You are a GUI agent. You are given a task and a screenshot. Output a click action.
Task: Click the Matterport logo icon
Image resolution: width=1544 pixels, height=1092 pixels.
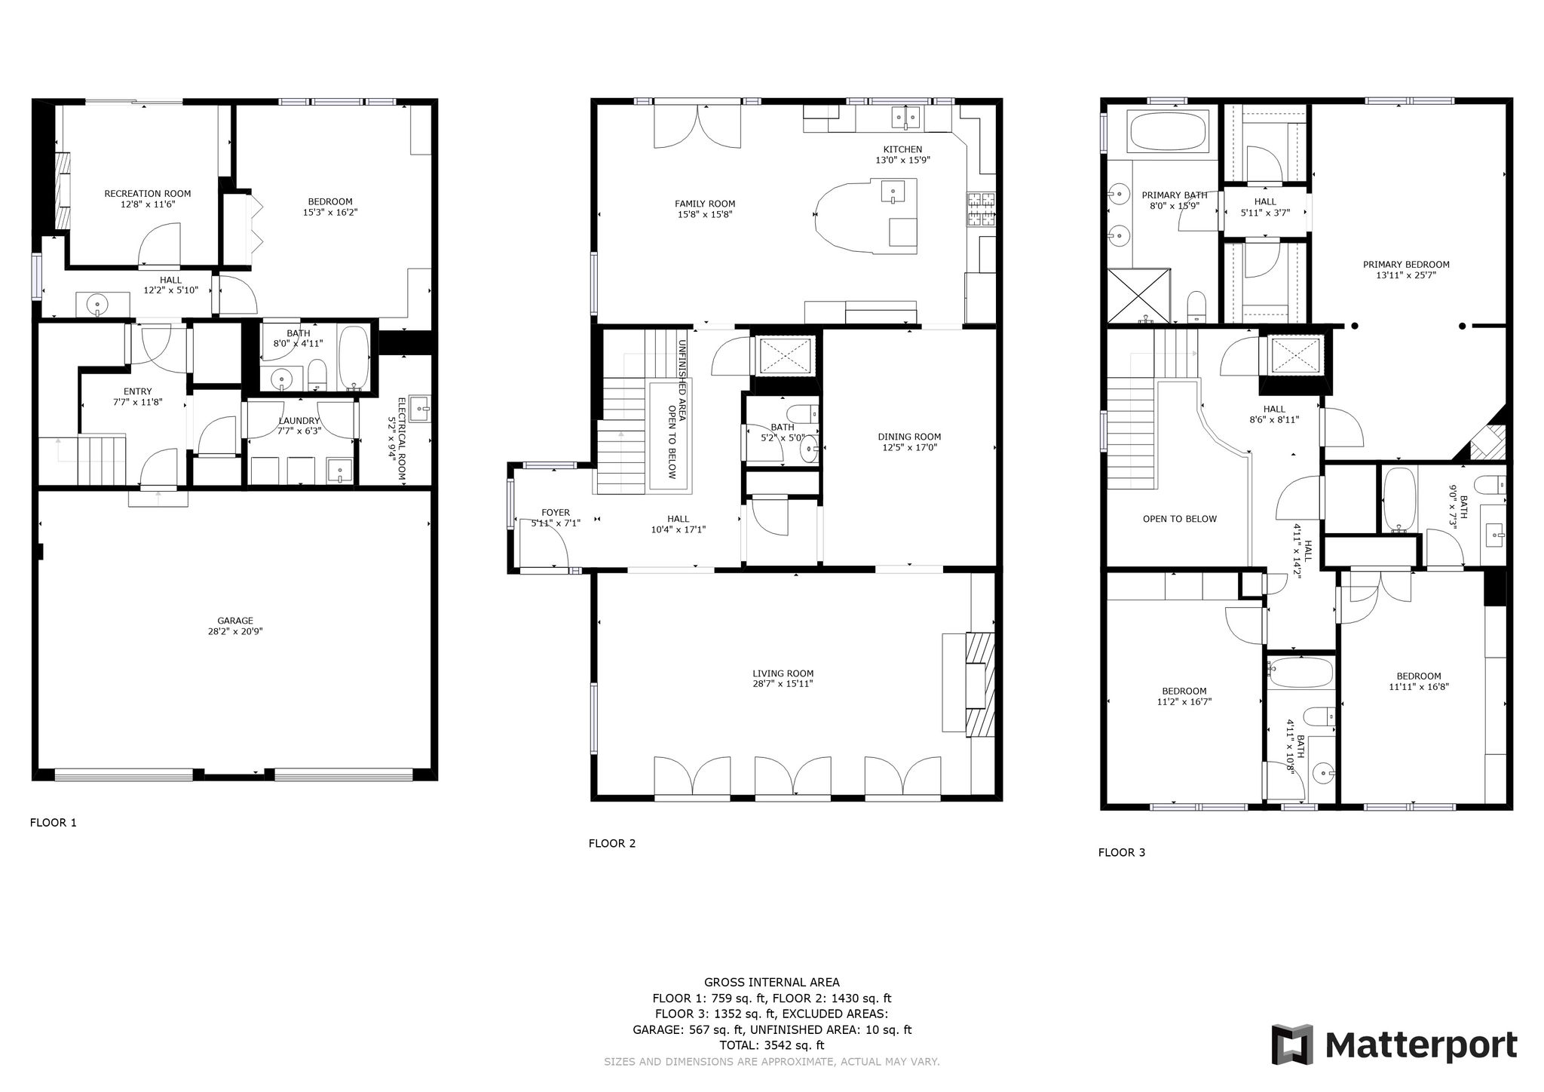pyautogui.click(x=1293, y=1044)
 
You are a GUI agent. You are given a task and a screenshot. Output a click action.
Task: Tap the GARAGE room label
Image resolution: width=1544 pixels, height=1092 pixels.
pyautogui.click(x=235, y=621)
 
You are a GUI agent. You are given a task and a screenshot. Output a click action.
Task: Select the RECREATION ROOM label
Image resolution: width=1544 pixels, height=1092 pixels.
pyautogui.click(x=148, y=194)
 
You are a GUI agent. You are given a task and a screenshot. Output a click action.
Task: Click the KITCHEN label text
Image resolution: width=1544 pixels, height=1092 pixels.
pyautogui.click(x=903, y=149)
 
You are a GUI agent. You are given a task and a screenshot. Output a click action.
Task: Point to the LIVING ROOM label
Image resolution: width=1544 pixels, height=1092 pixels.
pyautogui.click(x=783, y=673)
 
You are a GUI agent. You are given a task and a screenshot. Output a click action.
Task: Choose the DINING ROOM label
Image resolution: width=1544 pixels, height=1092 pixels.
pyautogui.click(x=909, y=437)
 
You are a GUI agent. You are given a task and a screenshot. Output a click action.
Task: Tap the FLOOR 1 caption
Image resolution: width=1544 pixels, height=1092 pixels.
pyautogui.click(x=54, y=823)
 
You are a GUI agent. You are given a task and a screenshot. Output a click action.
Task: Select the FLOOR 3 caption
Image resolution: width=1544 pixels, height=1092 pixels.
pyautogui.click(x=1122, y=853)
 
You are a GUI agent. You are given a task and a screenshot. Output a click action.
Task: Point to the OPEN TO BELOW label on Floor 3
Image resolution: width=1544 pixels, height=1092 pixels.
pyautogui.click(x=1180, y=519)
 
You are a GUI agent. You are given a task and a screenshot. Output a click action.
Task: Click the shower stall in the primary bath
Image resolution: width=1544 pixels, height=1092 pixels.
pyautogui.click(x=1138, y=296)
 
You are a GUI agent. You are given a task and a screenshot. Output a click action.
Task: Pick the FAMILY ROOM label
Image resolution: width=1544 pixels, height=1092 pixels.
pyautogui.click(x=705, y=204)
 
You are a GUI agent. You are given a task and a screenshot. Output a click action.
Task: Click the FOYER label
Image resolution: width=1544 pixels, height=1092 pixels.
pyautogui.click(x=556, y=513)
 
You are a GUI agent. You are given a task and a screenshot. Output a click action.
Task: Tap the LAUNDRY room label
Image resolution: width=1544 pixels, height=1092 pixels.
pyautogui.click(x=299, y=421)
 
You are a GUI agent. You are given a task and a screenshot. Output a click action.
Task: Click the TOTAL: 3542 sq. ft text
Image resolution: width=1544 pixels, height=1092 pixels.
pyautogui.click(x=772, y=1045)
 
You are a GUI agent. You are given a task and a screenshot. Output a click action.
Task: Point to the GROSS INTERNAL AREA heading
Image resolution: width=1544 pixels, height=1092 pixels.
pyautogui.click(x=772, y=982)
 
